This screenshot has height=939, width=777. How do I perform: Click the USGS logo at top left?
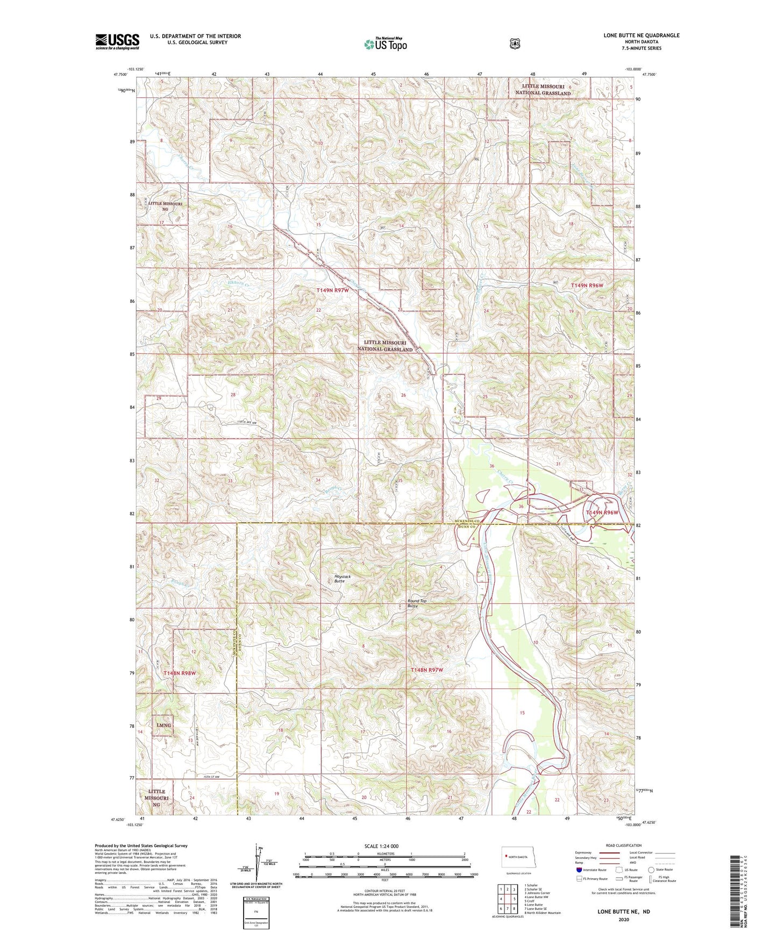pyautogui.click(x=117, y=41)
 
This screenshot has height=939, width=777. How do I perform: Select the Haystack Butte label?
pyautogui.click(x=342, y=579)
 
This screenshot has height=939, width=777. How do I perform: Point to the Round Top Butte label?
pyautogui.click(x=416, y=603)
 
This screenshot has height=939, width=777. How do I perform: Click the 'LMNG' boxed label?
pyautogui.click(x=163, y=725)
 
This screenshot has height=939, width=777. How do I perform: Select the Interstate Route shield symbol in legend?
pyautogui.click(x=579, y=870)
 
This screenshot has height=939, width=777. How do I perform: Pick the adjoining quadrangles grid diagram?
pyautogui.click(x=506, y=904)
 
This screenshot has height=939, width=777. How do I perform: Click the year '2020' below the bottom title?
pyautogui.click(x=624, y=919)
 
